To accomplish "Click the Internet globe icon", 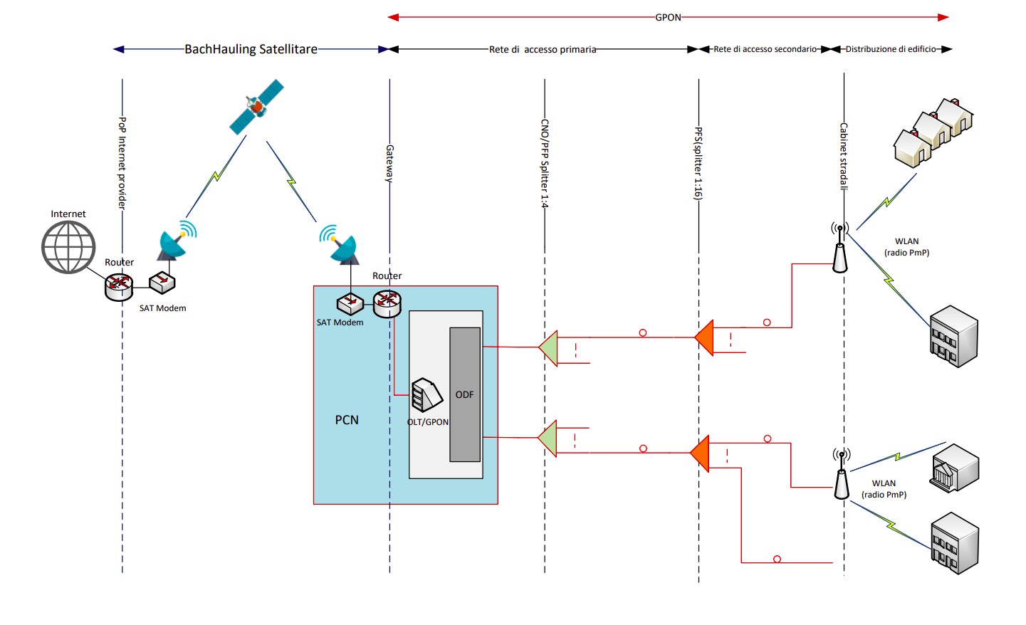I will tap(68, 247).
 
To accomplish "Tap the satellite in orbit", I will tap(256, 107).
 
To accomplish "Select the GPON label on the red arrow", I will tap(668, 17).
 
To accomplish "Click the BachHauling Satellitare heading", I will tap(251, 49).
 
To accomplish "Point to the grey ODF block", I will tap(465, 394).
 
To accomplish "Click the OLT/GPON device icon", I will tap(426, 395).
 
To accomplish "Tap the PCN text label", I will tap(347, 420).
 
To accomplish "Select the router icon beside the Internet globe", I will tap(119, 285).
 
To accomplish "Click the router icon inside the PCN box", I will tap(387, 303).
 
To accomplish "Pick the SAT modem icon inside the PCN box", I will tap(350, 304).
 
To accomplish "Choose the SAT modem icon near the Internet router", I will tap(162, 282).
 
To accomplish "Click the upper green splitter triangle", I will tap(549, 347).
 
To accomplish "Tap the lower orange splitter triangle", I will tap(701, 453).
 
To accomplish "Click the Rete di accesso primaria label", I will tap(543, 50).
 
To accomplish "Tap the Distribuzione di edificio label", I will tap(891, 49).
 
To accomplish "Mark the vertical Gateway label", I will tap(389, 163).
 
